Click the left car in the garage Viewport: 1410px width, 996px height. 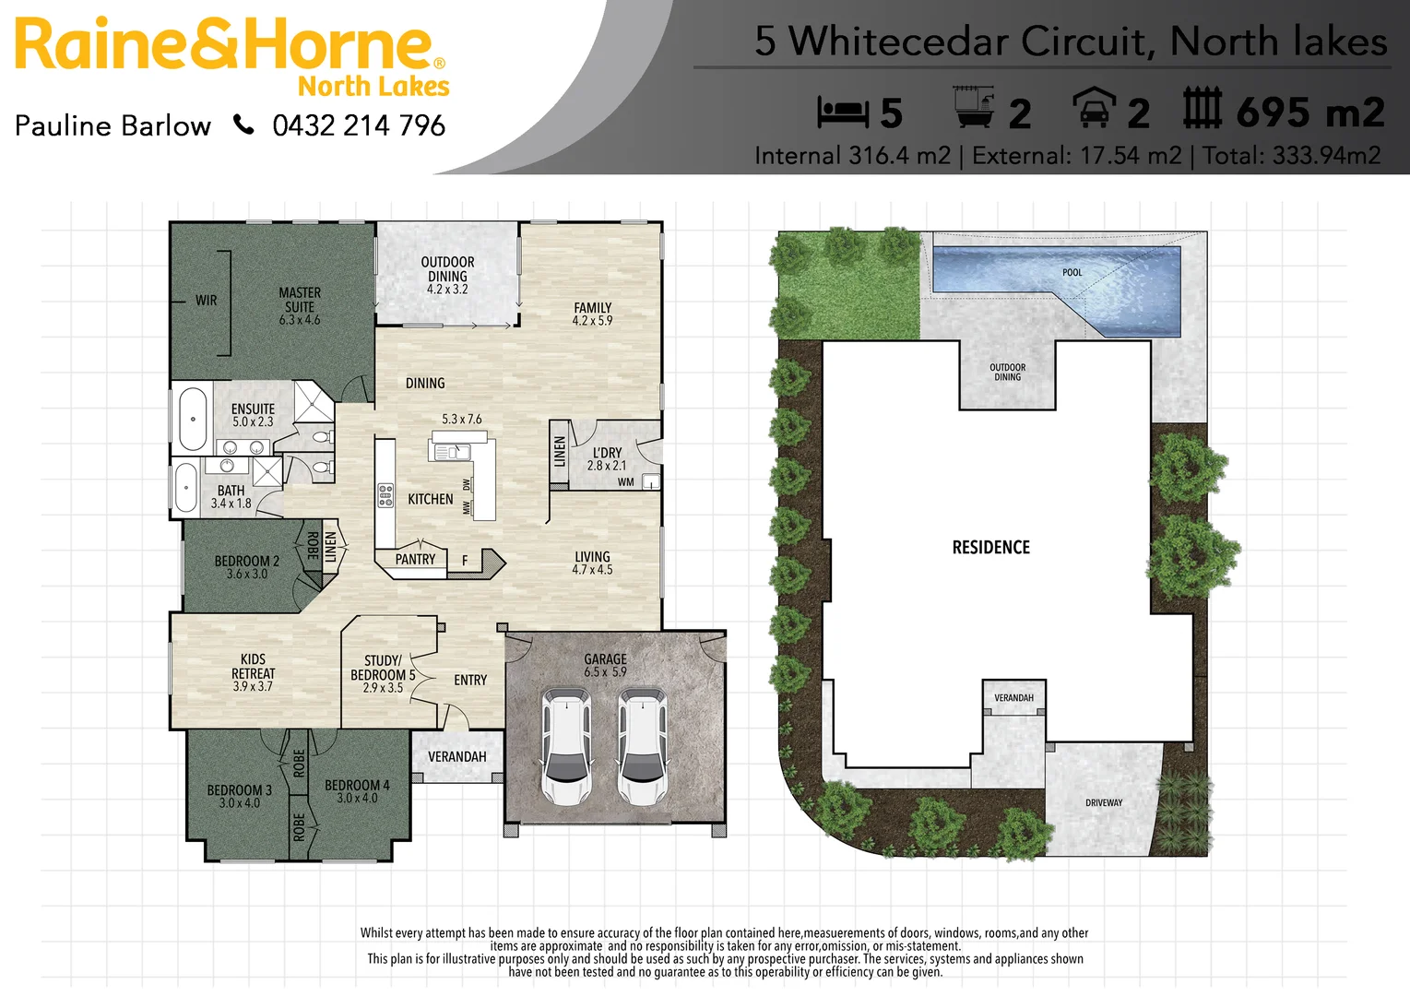[x=566, y=746]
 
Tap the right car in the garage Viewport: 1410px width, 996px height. [x=642, y=746]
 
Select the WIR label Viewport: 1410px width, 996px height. [x=207, y=301]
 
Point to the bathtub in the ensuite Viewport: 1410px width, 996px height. [x=193, y=419]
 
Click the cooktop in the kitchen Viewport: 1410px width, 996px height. [x=385, y=495]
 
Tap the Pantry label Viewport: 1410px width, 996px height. [x=415, y=559]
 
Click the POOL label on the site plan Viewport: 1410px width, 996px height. [x=1072, y=272]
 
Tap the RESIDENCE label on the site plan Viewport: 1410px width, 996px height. [x=990, y=547]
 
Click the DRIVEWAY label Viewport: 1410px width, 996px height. [x=1103, y=802]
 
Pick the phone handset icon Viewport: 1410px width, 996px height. [x=243, y=125]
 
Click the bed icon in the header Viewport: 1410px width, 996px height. [x=843, y=113]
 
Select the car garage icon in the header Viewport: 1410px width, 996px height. [x=1095, y=107]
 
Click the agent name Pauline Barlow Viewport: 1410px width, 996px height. [x=113, y=125]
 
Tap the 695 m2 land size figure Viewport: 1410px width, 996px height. [x=1309, y=113]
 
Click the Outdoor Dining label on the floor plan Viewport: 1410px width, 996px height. [x=447, y=275]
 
